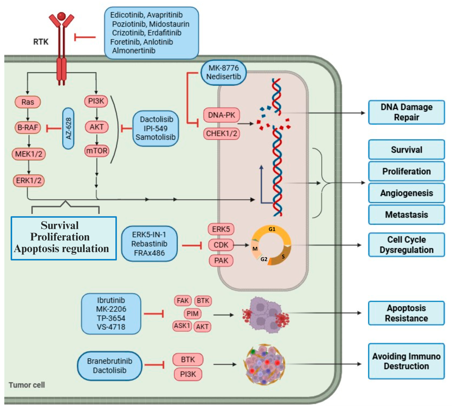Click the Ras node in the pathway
click(28, 102)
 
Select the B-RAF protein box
click(28, 127)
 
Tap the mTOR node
click(97, 150)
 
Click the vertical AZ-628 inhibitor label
click(68, 128)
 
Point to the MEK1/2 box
click(29, 154)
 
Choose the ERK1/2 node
click(29, 181)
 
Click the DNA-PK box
click(221, 115)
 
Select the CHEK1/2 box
click(221, 134)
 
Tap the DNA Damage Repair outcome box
click(407, 112)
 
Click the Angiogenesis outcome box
click(407, 193)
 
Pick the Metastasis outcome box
click(407, 215)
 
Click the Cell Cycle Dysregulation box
click(407, 245)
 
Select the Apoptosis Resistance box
click(407, 313)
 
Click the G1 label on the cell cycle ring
click(272, 229)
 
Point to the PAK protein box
click(221, 260)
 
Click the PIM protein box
click(192, 313)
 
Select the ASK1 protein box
click(182, 326)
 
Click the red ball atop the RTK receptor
click(62, 16)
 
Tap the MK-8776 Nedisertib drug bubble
click(224, 72)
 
